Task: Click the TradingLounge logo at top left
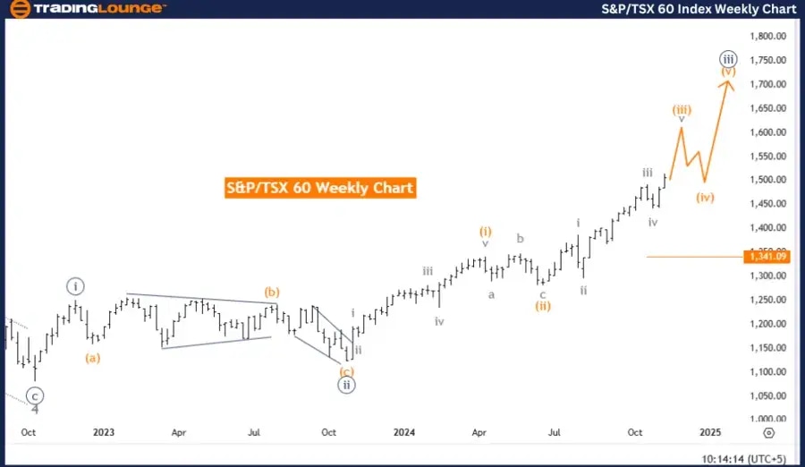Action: coord(87,9)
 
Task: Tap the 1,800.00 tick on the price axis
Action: coord(768,37)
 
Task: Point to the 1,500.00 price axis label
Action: coord(768,180)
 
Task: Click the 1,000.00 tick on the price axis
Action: coord(768,419)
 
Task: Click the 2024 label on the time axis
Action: coord(404,432)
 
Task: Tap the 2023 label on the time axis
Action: coord(104,432)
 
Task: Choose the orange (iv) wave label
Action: coord(706,197)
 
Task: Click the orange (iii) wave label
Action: coord(682,109)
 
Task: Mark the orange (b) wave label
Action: coord(272,292)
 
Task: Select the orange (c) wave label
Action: coord(346,371)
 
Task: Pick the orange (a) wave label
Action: coord(92,358)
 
